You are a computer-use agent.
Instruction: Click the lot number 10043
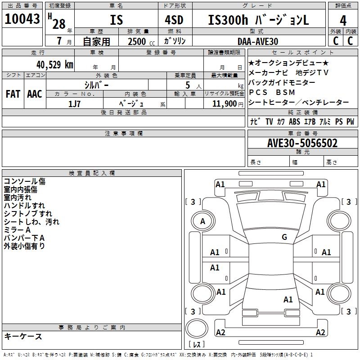pyautogui.click(x=22, y=19)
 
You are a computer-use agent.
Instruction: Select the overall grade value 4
pyautogui.click(x=343, y=21)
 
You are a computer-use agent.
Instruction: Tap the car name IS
pyautogui.click(x=116, y=20)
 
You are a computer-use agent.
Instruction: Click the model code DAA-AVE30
pyautogui.click(x=257, y=41)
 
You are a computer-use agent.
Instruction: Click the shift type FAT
pyautogui.click(x=13, y=94)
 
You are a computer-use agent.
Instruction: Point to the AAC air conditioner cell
pyautogui.click(x=35, y=94)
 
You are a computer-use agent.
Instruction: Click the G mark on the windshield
pyautogui.click(x=284, y=237)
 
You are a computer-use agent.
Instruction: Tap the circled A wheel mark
pyautogui.click(x=203, y=221)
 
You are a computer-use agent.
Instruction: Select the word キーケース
pyautogui.click(x=23, y=337)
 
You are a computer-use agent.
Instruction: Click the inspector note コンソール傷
pyautogui.click(x=24, y=181)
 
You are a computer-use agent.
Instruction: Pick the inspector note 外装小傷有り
pyautogui.click(x=24, y=246)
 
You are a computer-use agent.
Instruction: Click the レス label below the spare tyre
pyautogui.click(x=198, y=345)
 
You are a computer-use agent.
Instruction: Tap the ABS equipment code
pyautogui.click(x=294, y=121)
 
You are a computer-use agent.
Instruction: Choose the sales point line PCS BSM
pyautogui.click(x=272, y=92)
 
